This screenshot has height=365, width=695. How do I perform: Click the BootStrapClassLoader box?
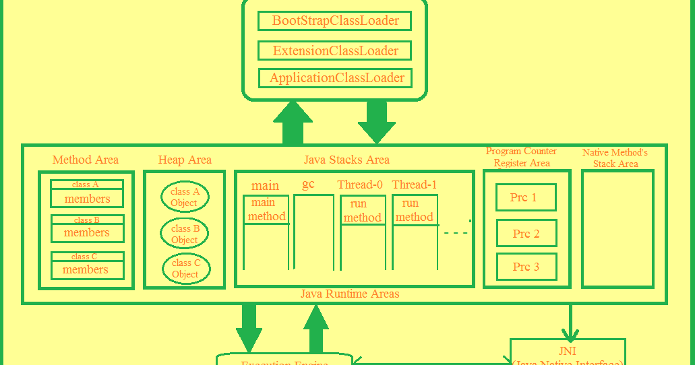click(x=335, y=20)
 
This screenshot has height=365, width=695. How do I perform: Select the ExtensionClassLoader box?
click(x=335, y=51)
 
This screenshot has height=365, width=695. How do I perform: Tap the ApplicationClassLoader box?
click(x=336, y=77)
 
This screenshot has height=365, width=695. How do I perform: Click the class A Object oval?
click(x=185, y=197)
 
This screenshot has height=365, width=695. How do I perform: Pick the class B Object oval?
click(x=185, y=234)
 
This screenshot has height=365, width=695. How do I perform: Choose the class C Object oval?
click(x=186, y=268)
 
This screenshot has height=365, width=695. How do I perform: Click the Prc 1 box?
click(x=526, y=197)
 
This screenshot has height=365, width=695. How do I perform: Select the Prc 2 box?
click(x=526, y=233)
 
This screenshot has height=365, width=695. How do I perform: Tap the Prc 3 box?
click(x=526, y=267)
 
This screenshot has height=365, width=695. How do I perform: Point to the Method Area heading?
click(x=86, y=160)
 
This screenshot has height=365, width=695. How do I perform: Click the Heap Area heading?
click(x=185, y=160)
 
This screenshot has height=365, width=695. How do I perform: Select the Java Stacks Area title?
click(x=346, y=160)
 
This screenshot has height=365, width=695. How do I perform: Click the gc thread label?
click(x=308, y=184)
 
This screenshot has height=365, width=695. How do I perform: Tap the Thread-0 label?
click(x=360, y=185)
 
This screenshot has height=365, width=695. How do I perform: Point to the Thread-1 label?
click(x=414, y=185)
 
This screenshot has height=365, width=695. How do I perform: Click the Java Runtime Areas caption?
click(x=350, y=294)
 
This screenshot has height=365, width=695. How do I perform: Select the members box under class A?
click(x=87, y=199)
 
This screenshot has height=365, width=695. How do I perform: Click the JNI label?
click(x=568, y=351)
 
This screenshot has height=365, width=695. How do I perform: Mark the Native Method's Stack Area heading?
click(x=615, y=158)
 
